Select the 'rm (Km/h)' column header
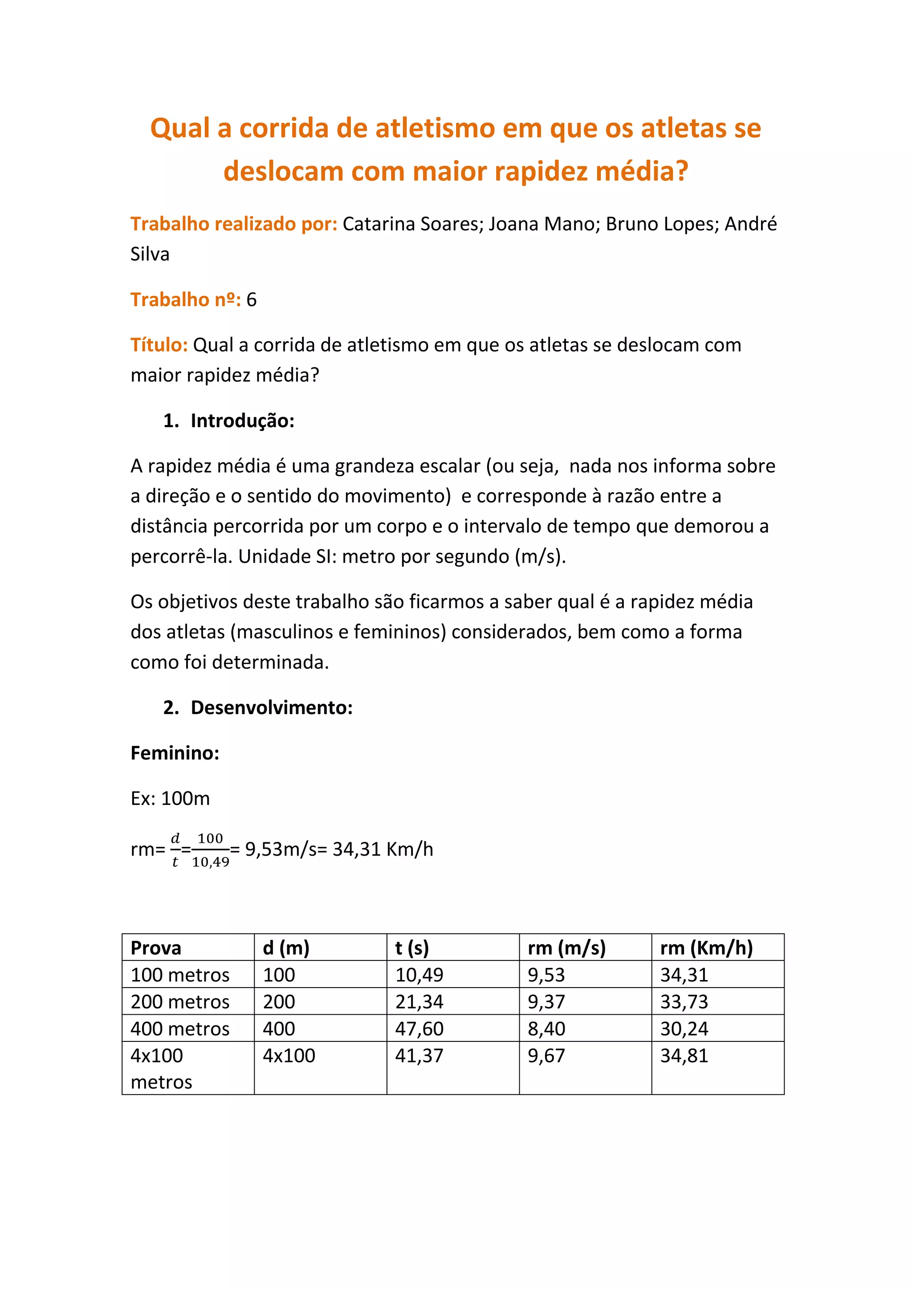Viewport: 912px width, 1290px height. [706, 948]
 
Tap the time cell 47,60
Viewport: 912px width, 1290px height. [419, 1029]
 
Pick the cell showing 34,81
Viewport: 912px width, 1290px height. [684, 1056]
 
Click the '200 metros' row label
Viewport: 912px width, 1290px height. [180, 1002]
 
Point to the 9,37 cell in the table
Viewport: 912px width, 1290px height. [546, 1002]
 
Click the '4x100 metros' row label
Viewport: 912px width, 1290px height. [161, 1069]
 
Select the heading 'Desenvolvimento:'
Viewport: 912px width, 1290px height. [271, 707]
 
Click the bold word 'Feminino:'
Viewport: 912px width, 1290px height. [175, 753]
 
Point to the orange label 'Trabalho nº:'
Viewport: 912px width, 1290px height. [185, 299]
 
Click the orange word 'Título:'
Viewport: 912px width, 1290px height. [159, 344]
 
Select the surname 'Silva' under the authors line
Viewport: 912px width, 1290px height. [150, 254]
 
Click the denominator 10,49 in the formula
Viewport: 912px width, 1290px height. [211, 862]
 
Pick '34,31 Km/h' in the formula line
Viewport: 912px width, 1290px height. [383, 849]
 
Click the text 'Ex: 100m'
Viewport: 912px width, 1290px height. [170, 798]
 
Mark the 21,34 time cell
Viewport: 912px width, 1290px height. [419, 1002]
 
